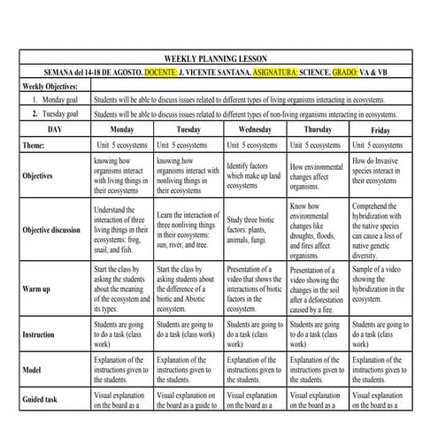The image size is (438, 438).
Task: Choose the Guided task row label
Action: pos(45,400)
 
